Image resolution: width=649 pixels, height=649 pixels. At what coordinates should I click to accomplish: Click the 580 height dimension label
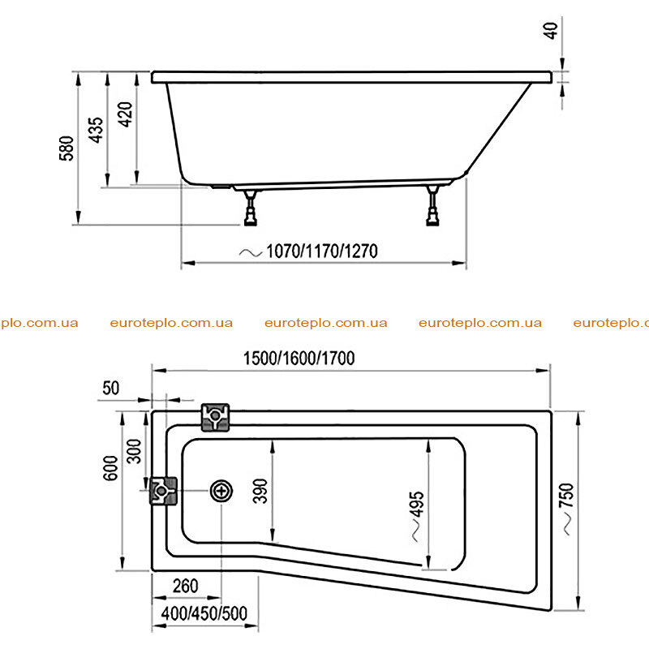tap(67, 148)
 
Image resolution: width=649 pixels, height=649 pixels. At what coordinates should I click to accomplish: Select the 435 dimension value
tap(96, 130)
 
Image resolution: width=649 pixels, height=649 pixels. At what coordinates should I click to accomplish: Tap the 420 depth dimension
tap(125, 114)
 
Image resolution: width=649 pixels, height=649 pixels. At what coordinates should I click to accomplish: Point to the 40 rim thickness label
tap(551, 31)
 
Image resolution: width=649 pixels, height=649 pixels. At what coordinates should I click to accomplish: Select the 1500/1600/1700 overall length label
tap(299, 358)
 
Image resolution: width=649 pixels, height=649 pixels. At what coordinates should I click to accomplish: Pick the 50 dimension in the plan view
tap(111, 388)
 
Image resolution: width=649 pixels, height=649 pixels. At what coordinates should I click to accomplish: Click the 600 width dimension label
tap(110, 468)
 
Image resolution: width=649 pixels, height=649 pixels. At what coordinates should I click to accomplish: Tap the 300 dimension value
tap(134, 451)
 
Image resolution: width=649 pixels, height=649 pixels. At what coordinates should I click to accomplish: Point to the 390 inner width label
tap(260, 491)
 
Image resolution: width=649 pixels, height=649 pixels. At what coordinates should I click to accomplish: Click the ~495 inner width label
tap(417, 516)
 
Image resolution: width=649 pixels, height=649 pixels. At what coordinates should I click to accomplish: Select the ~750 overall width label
tap(566, 509)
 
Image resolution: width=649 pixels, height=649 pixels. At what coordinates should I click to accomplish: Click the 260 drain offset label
tap(186, 586)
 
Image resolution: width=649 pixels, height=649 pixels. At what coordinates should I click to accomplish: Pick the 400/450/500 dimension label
tap(204, 613)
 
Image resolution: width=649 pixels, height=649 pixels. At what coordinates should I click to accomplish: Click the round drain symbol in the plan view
tap(221, 492)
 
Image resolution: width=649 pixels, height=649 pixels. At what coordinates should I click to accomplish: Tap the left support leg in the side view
tap(251, 208)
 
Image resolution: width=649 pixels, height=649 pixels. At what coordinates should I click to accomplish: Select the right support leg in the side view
tap(433, 206)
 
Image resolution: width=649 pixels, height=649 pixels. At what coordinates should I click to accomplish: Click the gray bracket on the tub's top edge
tap(215, 417)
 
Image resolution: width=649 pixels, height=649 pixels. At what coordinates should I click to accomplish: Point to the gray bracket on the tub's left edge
tap(163, 491)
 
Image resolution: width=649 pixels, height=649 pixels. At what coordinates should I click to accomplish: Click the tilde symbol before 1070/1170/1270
tap(251, 252)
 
